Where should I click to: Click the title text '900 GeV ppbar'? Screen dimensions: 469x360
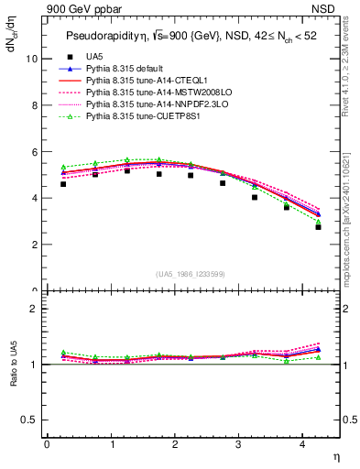click(x=81, y=10)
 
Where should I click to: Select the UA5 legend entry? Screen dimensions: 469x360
click(x=93, y=57)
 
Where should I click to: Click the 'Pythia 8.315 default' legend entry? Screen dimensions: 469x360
click(x=128, y=69)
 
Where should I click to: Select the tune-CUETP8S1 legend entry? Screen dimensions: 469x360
click(x=139, y=116)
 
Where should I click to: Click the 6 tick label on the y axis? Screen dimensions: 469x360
click(x=33, y=152)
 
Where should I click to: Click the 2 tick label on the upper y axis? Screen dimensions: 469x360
click(x=33, y=245)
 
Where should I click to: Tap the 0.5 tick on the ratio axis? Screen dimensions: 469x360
click(x=28, y=420)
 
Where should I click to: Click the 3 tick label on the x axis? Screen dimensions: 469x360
click(x=238, y=444)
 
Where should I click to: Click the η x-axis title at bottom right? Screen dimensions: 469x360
click(x=334, y=455)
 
